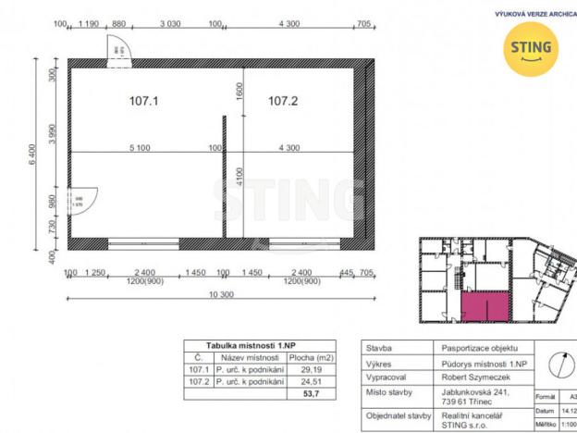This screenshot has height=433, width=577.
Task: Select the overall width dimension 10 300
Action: pyautogui.click(x=220, y=293)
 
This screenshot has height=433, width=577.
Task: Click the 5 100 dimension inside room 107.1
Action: pyautogui.click(x=141, y=148)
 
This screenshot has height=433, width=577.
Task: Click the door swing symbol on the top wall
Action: pyautogui.click(x=117, y=53)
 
